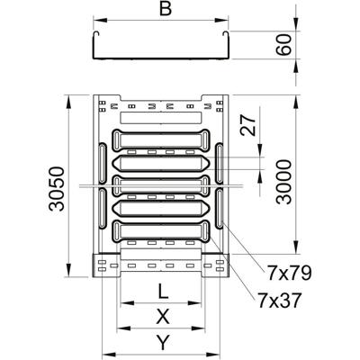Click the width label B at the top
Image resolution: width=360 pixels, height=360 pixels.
point(163,10)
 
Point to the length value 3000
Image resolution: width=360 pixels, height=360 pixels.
point(284,183)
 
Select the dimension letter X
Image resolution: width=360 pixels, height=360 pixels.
point(162,317)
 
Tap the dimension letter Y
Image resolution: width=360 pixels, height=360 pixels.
point(162,342)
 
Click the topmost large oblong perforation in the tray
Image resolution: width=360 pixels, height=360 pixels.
point(162,140)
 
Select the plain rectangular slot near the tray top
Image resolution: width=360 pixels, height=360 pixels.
point(162,118)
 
